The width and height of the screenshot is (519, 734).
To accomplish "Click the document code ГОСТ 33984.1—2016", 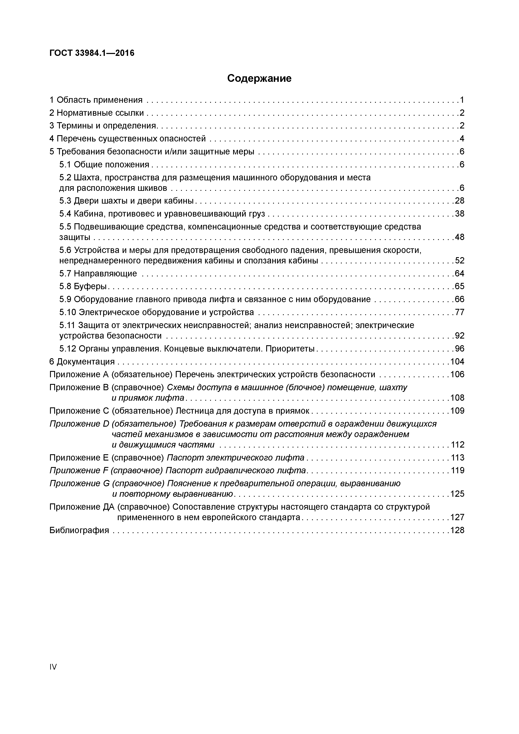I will click(x=92, y=53).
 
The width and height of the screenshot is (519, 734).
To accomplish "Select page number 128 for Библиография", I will click(x=457, y=530).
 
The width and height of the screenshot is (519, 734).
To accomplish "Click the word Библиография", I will click(x=79, y=530).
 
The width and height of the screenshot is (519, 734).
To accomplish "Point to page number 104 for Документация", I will click(x=457, y=362).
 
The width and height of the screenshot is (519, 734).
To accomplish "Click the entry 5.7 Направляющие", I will click(x=98, y=273).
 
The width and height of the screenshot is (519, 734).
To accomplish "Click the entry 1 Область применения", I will click(x=96, y=100).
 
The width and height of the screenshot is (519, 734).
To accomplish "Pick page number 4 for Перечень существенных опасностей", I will click(x=462, y=139).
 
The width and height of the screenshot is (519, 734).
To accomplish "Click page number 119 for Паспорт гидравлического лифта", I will click(x=457, y=470).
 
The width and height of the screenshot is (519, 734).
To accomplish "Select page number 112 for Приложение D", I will click(x=457, y=445).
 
